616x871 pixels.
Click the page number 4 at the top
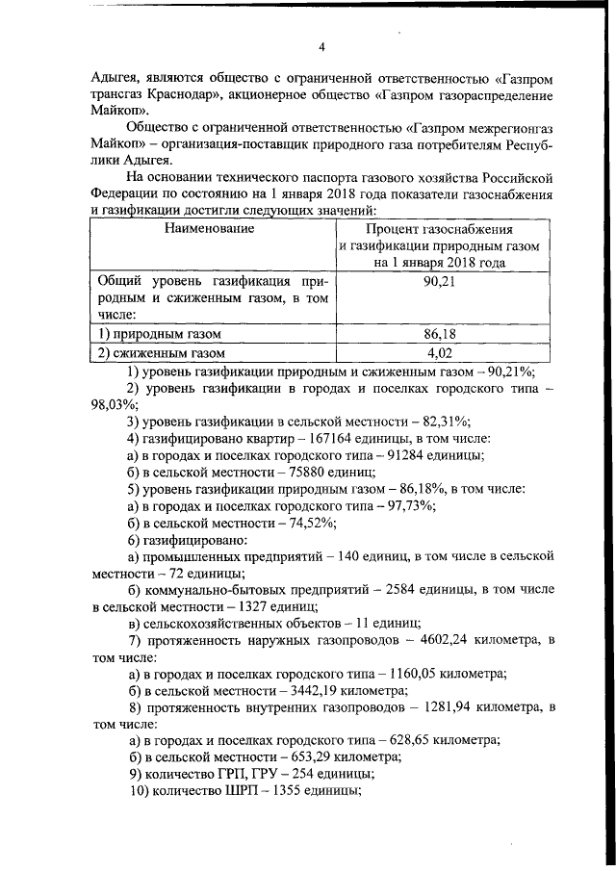[322, 47]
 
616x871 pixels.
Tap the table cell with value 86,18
[439, 334]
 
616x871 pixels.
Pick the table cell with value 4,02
[439, 353]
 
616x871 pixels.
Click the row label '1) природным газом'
[161, 334]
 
